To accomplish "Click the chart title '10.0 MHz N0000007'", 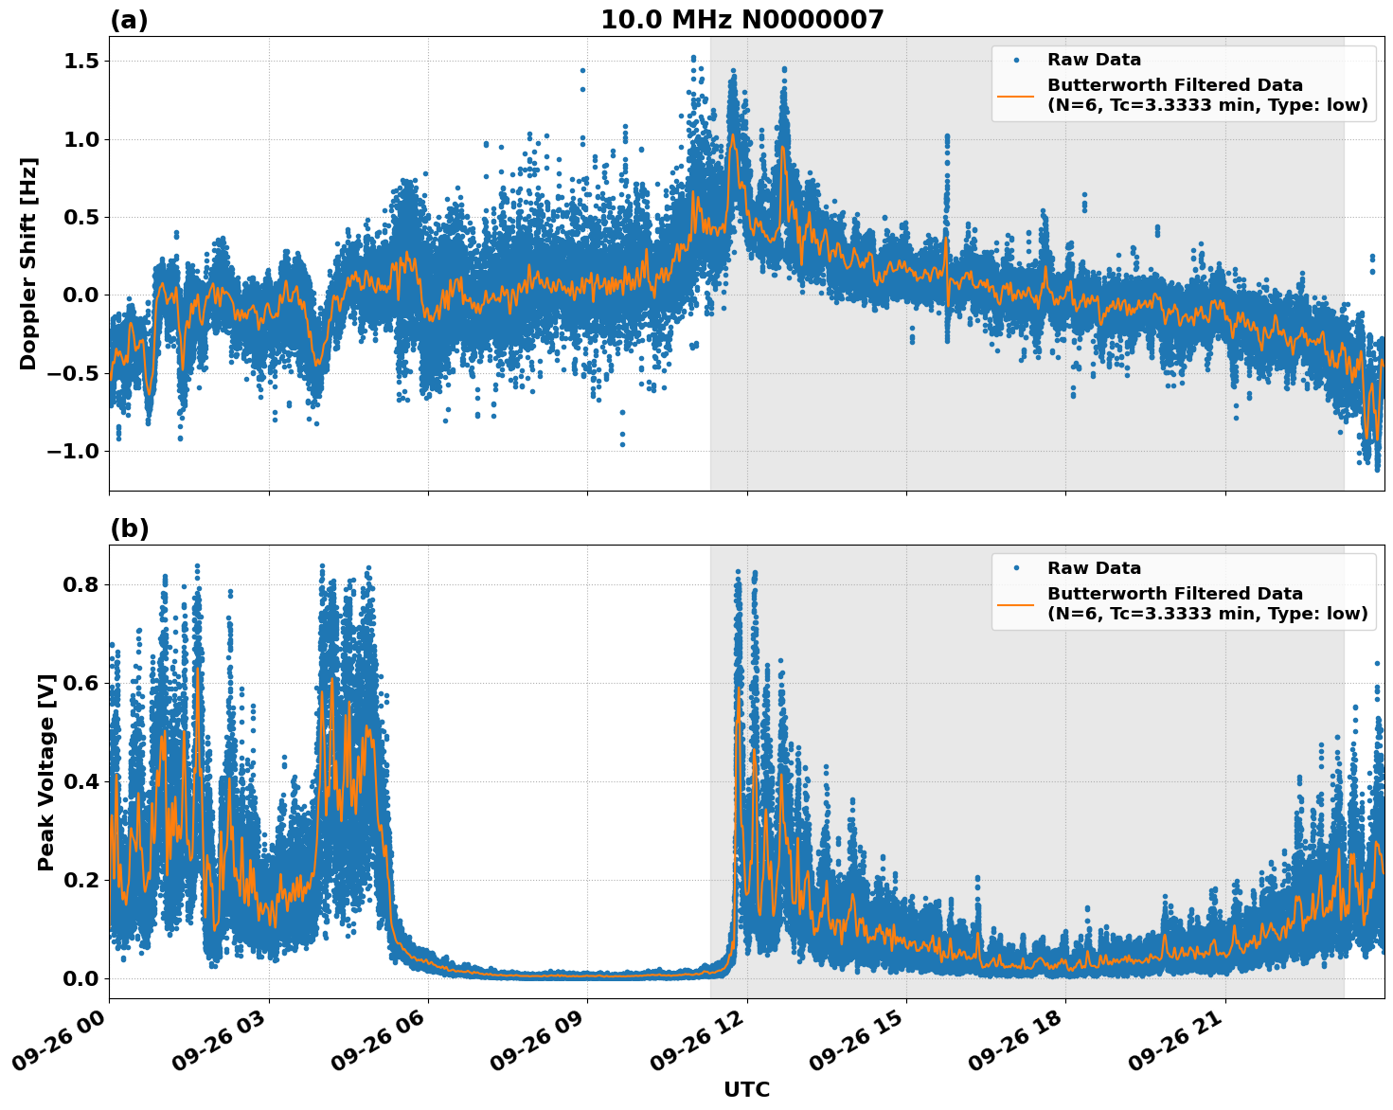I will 741,20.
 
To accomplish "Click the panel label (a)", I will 129,20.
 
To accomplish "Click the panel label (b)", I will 129,528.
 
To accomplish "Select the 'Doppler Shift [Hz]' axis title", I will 28,263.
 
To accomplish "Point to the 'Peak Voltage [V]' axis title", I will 46,772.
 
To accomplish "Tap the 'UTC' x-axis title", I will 746,1089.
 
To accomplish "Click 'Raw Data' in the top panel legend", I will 1094,60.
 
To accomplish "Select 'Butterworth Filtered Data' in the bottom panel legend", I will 1174,594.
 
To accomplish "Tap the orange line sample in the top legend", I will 1016,95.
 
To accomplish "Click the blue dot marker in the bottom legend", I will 1016,568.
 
